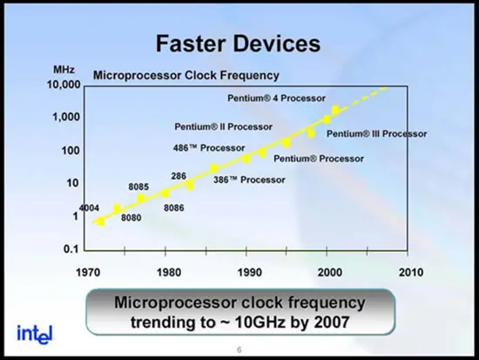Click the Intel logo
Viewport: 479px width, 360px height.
pyautogui.click(x=35, y=335)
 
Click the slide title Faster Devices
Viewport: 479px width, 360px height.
pyautogui.click(x=239, y=44)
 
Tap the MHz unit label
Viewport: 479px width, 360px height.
pyautogui.click(x=64, y=70)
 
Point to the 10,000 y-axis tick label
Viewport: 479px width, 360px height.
pyautogui.click(x=64, y=85)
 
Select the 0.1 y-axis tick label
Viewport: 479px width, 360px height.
pyautogui.click(x=71, y=249)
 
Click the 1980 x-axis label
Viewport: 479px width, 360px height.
pyautogui.click(x=169, y=272)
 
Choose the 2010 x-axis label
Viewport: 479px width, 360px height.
pyautogui.click(x=411, y=272)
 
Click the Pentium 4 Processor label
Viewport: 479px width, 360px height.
pyautogui.click(x=276, y=98)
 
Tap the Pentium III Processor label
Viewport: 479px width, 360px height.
pyautogui.click(x=376, y=134)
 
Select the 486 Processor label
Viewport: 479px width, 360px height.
pyautogui.click(x=209, y=148)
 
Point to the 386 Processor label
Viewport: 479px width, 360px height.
pyautogui.click(x=249, y=180)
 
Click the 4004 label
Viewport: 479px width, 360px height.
pyautogui.click(x=89, y=208)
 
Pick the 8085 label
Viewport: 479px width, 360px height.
pyautogui.click(x=138, y=187)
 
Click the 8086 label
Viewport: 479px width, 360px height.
pyautogui.click(x=174, y=208)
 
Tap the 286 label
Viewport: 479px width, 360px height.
pyautogui.click(x=179, y=176)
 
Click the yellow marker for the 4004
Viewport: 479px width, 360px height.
pyautogui.click(x=100, y=222)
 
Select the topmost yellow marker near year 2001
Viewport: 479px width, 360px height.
pyautogui.click(x=335, y=110)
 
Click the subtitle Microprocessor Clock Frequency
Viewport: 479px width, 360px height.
pyautogui.click(x=186, y=75)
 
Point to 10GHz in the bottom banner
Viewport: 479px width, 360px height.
pyautogui.click(x=261, y=322)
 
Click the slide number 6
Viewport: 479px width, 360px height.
pyautogui.click(x=239, y=350)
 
